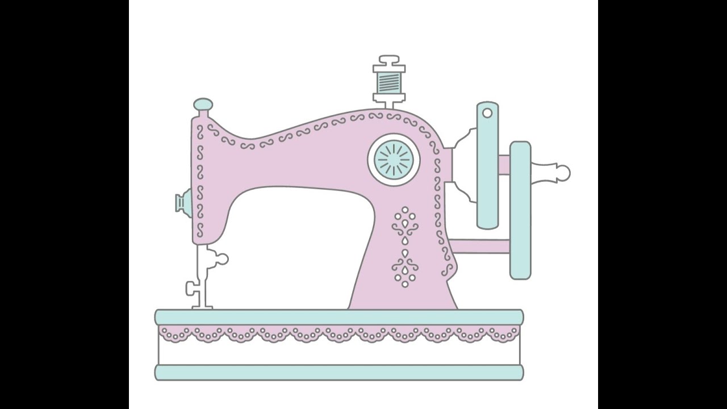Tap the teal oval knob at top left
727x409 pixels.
[203, 105]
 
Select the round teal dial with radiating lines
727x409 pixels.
[394, 160]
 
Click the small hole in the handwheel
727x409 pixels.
[487, 113]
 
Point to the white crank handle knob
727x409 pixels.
[561, 172]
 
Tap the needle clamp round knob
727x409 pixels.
[220, 259]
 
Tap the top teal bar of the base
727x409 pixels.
[339, 317]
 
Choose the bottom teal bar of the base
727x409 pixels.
[339, 373]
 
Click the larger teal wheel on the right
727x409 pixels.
[520, 210]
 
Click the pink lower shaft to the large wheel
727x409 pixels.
[480, 246]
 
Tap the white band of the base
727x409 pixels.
[339, 354]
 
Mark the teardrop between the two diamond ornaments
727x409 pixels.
[405, 252]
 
